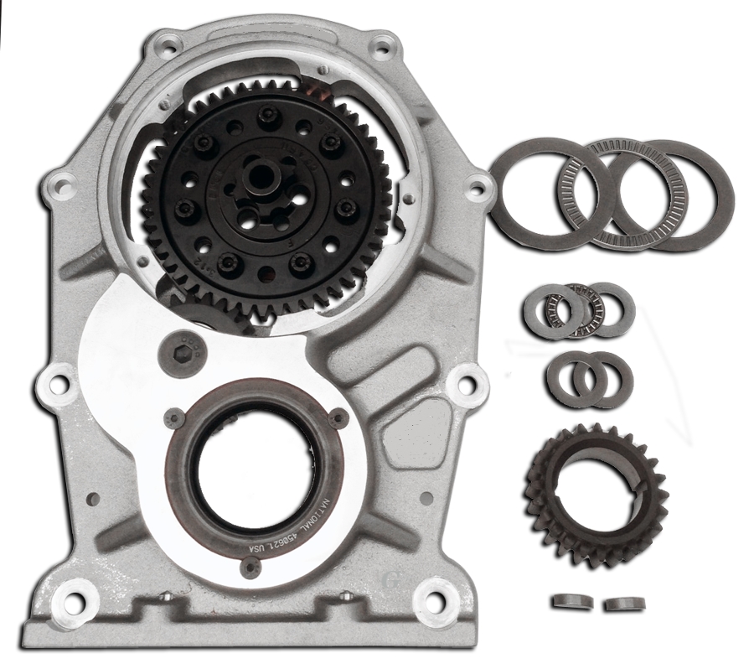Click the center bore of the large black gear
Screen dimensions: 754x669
(263, 177)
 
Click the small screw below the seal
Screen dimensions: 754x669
(248, 569)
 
